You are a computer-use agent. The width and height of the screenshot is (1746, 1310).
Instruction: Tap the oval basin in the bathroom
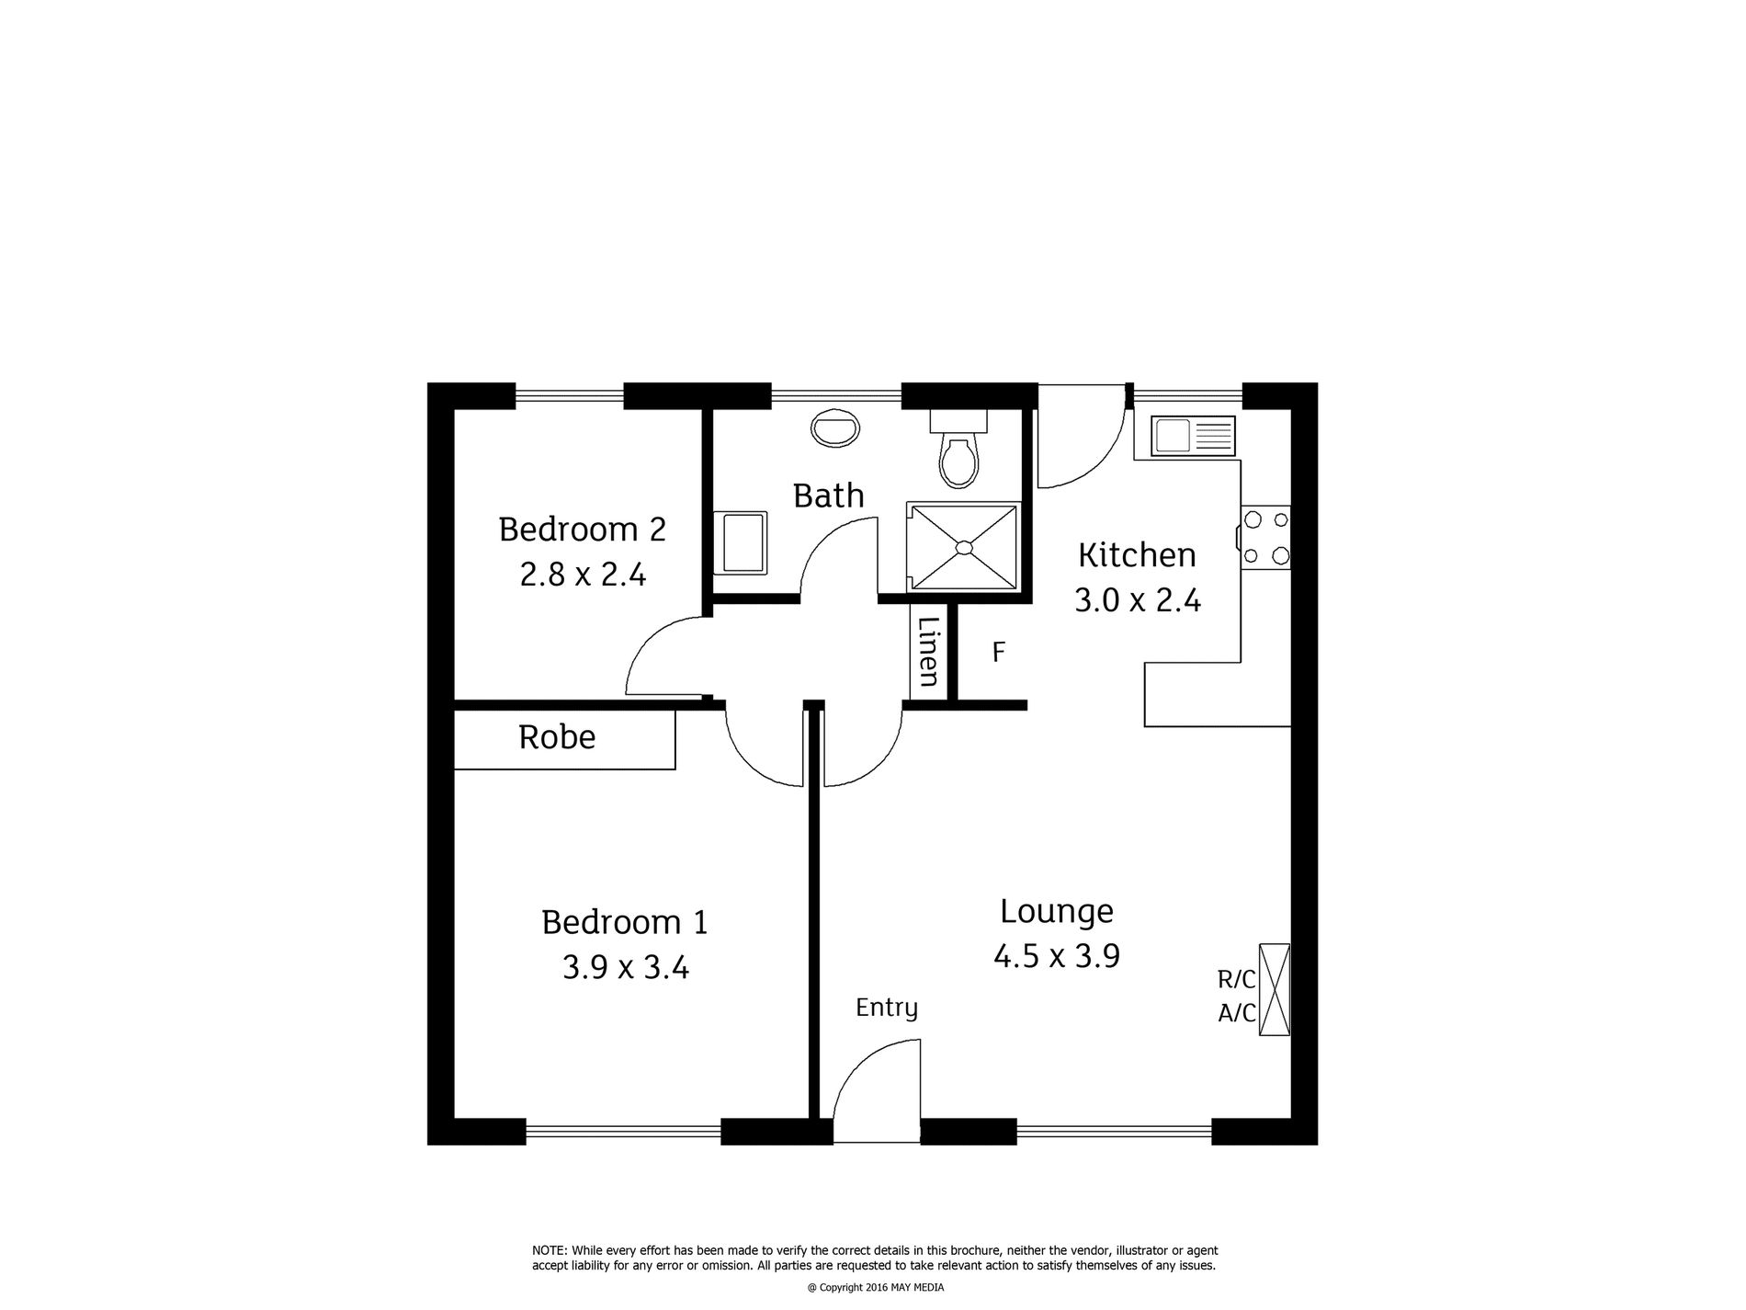(x=835, y=428)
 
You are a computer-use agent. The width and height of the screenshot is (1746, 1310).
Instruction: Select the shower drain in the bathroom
(x=963, y=548)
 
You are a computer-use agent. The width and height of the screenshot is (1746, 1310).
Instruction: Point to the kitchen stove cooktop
(x=1265, y=538)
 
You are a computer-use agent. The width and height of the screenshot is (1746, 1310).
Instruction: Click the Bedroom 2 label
(x=582, y=530)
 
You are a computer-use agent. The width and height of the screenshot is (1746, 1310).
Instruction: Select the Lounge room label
(x=1057, y=911)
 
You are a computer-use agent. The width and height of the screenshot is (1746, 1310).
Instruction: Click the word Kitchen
(x=1137, y=555)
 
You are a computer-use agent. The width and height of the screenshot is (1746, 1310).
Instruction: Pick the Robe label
(x=557, y=737)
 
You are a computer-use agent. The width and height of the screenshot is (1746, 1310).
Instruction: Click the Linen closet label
(x=929, y=651)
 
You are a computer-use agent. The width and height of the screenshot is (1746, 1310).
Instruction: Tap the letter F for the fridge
(x=999, y=652)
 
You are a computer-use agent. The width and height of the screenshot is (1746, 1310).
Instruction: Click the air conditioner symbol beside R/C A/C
(x=1274, y=989)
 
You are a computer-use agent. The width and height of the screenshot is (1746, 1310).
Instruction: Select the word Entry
(x=887, y=1008)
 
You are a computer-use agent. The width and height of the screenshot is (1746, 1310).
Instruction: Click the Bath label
(x=828, y=496)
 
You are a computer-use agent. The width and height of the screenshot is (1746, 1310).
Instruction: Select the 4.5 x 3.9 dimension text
(x=1057, y=957)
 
